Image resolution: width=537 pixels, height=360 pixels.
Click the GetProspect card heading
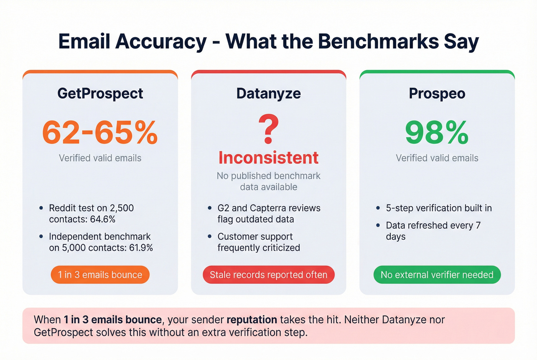point(100,94)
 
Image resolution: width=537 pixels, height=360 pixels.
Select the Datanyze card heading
point(268,94)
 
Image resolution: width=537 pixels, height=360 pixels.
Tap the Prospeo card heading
point(437,94)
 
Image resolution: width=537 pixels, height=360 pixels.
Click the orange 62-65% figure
point(100,133)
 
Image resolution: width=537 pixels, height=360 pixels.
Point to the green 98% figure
point(437,133)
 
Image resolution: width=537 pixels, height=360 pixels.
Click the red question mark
point(268,129)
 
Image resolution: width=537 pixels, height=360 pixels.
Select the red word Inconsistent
point(268,158)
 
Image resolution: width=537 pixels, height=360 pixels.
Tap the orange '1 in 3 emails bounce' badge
point(100,275)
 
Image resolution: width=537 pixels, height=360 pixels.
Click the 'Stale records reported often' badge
point(268,275)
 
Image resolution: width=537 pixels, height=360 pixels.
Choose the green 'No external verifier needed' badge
point(437,275)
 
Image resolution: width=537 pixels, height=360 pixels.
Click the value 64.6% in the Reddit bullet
point(103,219)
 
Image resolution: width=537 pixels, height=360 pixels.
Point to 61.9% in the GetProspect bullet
point(141,248)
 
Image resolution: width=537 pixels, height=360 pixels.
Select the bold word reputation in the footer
point(252,320)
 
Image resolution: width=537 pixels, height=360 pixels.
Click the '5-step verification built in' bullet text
point(438,208)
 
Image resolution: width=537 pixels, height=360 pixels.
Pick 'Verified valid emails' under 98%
point(437,158)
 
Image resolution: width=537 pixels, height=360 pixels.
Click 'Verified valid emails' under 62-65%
point(100,158)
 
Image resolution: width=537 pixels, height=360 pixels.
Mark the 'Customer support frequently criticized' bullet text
point(259,242)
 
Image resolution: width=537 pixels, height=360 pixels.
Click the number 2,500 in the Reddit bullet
point(122,208)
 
